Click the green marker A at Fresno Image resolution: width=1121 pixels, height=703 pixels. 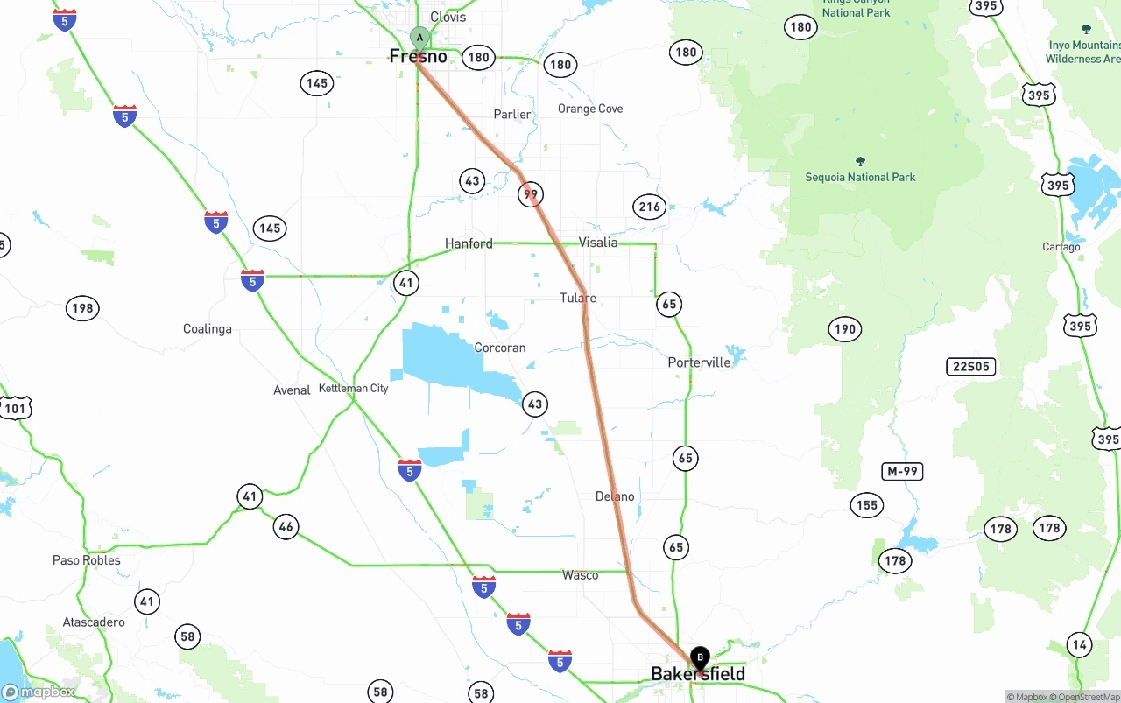click(419, 39)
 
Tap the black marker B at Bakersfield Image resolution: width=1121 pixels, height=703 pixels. click(700, 657)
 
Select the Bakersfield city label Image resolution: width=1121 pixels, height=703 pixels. click(698, 674)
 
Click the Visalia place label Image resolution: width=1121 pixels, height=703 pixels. click(598, 243)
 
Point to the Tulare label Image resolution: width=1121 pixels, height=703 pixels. click(578, 299)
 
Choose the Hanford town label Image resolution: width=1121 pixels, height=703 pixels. click(469, 243)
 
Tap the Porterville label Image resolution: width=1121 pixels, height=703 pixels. click(699, 362)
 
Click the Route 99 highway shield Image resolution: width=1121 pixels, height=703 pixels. click(531, 194)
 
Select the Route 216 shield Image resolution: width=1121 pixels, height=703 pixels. click(649, 207)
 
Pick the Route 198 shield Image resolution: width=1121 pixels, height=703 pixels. click(82, 308)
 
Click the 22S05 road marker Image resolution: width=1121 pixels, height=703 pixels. click(970, 367)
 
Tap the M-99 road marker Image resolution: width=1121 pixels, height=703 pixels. click(902, 472)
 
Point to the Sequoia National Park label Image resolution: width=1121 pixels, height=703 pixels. click(860, 177)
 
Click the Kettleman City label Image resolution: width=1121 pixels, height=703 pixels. click(354, 388)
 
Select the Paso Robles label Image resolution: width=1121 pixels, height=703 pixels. click(87, 560)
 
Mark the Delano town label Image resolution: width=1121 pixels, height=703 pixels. click(615, 496)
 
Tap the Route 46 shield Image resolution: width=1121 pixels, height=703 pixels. click(286, 526)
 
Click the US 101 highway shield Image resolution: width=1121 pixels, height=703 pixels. click(15, 408)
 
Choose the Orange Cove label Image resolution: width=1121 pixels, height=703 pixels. click(590, 109)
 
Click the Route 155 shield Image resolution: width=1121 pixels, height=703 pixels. click(866, 505)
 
